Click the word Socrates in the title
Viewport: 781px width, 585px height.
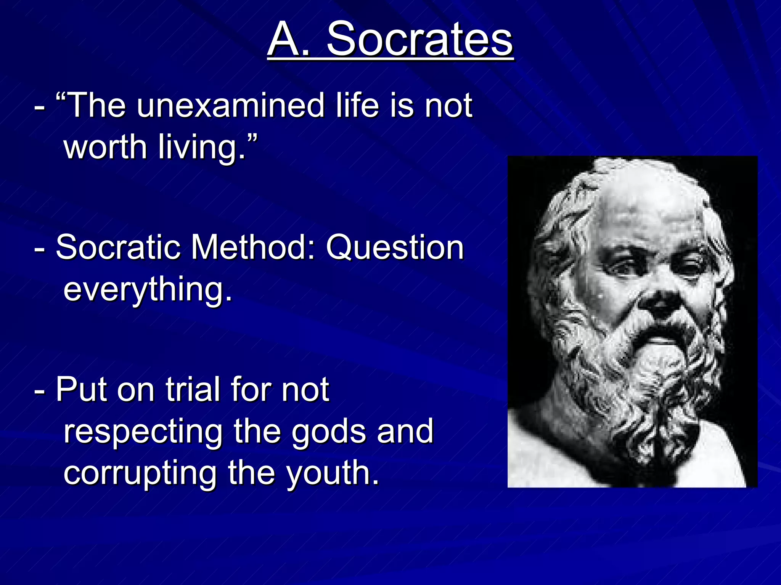tap(419, 39)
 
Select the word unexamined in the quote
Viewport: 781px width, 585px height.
tap(230, 105)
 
